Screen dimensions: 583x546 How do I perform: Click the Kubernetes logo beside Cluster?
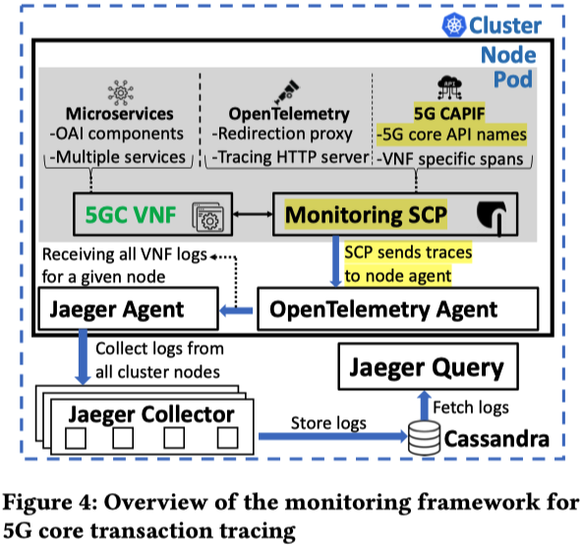tap(453, 25)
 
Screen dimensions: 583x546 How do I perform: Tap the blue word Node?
tap(508, 55)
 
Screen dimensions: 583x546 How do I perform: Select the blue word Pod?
tap(513, 80)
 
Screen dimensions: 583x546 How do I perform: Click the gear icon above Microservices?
tap(121, 91)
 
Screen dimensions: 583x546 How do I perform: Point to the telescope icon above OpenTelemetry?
tap(287, 91)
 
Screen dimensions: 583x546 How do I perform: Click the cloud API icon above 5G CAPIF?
tap(449, 87)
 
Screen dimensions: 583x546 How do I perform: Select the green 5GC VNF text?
tap(131, 214)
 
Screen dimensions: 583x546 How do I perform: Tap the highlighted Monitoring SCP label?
tap(366, 214)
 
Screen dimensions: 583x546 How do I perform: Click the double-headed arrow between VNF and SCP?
tap(253, 214)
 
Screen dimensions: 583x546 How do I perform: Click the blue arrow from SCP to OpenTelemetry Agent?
tap(335, 261)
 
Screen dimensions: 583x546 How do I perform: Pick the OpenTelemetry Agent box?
tap(398, 308)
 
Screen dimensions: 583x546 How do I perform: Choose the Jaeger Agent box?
tap(128, 308)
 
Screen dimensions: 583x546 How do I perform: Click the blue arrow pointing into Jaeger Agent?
tap(237, 310)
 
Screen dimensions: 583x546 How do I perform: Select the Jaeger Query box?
tap(428, 366)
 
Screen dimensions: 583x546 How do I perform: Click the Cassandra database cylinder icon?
tap(425, 438)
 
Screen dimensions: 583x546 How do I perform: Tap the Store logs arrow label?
tap(328, 423)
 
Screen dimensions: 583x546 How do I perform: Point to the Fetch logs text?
tap(471, 408)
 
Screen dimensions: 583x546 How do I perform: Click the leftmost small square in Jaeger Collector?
tap(76, 438)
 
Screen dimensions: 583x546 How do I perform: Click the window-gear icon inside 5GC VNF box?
tap(207, 217)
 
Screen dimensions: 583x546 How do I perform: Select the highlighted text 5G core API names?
tap(451, 135)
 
